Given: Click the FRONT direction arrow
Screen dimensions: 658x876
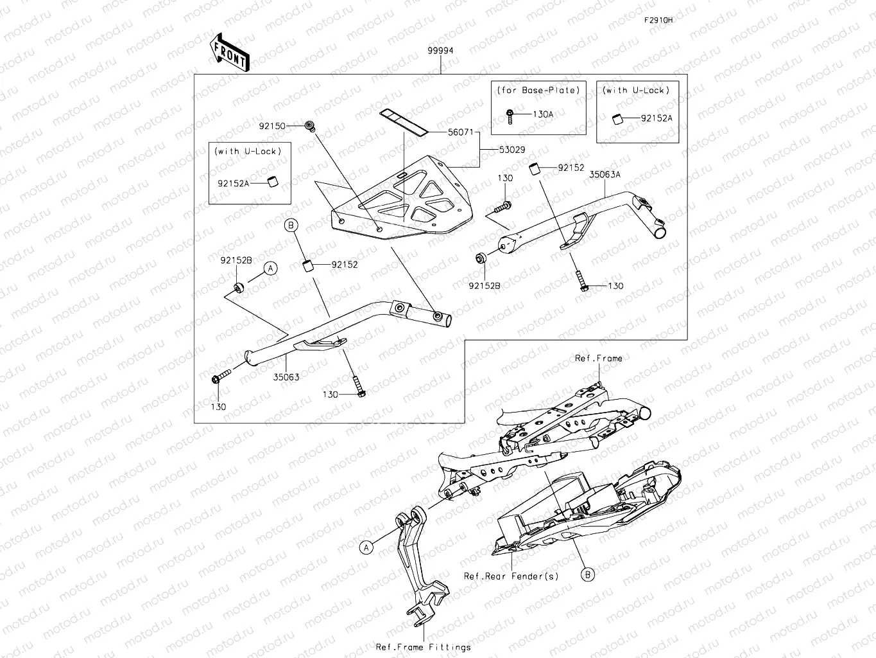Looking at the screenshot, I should coord(229,52).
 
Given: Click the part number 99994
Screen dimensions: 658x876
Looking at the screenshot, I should coord(441,51).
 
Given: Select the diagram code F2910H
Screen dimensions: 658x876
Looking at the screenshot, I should coord(658,20).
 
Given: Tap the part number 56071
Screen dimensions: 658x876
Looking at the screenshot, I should coord(461,132).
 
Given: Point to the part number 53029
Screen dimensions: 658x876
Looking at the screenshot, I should coord(512,150).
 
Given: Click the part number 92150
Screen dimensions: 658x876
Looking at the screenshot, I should coord(272,127).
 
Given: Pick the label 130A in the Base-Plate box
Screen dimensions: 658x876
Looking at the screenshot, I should coord(543,114).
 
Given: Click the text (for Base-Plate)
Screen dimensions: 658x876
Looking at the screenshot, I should coord(538,91).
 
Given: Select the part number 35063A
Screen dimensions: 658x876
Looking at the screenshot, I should coord(605,174).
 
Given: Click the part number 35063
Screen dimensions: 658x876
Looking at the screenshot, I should coord(286,377).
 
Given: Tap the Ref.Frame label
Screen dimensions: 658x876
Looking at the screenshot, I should coord(598,359).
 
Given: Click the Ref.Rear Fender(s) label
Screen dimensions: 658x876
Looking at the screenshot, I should coord(511,576).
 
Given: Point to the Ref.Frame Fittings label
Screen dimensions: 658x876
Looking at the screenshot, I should coord(423,647).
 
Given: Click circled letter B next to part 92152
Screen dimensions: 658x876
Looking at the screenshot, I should coord(291,225).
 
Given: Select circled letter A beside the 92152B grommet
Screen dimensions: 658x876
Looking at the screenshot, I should coord(271,268).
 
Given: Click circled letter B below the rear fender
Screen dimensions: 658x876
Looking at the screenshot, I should coord(588,574).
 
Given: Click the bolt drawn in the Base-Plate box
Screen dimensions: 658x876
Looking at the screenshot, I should coord(510,114).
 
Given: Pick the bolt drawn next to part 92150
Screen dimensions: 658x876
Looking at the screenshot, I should coord(311,126).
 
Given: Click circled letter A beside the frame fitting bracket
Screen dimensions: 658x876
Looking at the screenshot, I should coord(366,547).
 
